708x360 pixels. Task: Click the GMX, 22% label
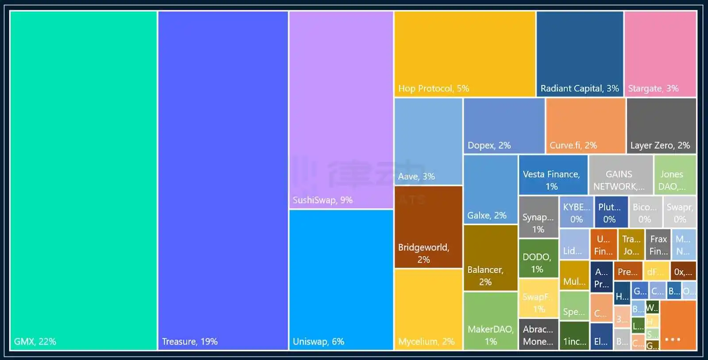pyautogui.click(x=35, y=341)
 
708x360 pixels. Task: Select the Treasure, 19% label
pyautogui.click(x=189, y=341)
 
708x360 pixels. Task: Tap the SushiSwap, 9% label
pyautogui.click(x=323, y=200)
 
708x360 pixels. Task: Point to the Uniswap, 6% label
pyautogui.click(x=318, y=341)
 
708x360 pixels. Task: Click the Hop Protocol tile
pyautogui.click(x=464, y=54)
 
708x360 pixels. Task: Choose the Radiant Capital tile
pyautogui.click(x=580, y=54)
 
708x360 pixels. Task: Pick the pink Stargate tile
pyautogui.click(x=660, y=54)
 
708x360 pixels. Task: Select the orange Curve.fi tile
pyautogui.click(x=585, y=126)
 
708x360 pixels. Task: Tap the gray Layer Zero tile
pyautogui.click(x=661, y=126)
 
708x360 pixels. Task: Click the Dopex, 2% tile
pyautogui.click(x=504, y=126)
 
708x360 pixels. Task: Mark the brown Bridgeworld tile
pyautogui.click(x=428, y=227)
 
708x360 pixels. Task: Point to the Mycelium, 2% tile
pyautogui.click(x=428, y=309)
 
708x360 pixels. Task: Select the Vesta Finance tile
pyautogui.click(x=553, y=175)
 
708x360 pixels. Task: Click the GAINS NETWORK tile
pyautogui.click(x=620, y=175)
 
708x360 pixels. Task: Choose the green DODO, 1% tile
pyautogui.click(x=538, y=258)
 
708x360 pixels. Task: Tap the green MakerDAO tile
pyautogui.click(x=490, y=321)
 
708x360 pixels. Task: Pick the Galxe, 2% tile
pyautogui.click(x=490, y=189)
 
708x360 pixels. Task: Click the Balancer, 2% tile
pyautogui.click(x=490, y=258)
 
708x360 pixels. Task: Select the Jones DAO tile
pyautogui.click(x=675, y=175)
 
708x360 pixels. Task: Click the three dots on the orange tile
pyautogui.click(x=673, y=340)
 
